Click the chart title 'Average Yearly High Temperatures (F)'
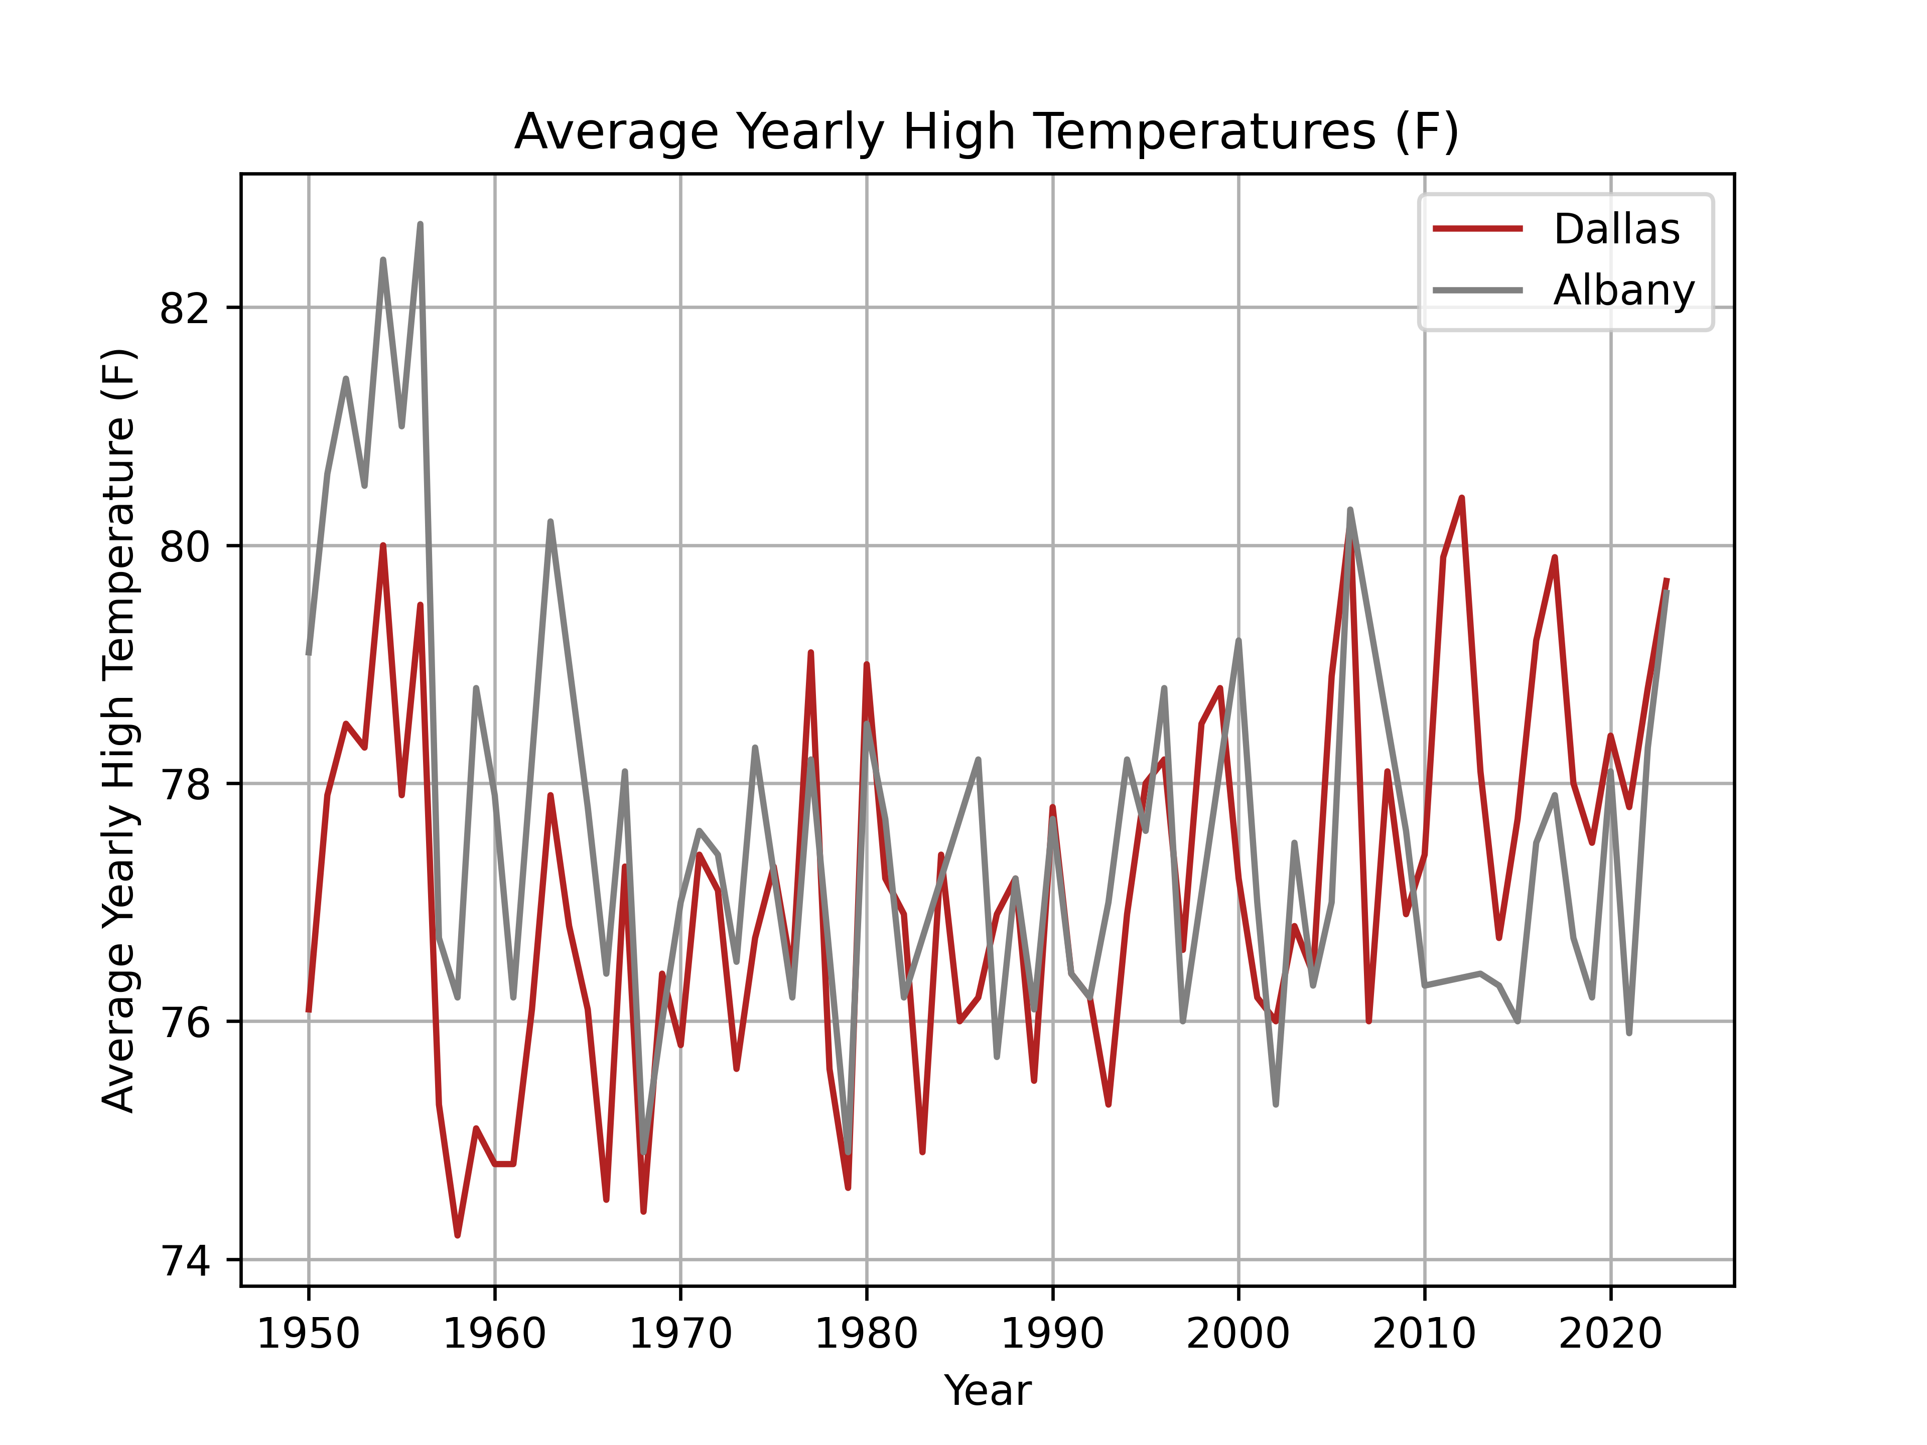point(986,132)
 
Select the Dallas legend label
point(1616,229)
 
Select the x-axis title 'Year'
point(987,1391)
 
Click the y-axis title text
point(119,730)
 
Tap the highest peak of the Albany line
point(420,225)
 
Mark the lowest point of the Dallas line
point(457,1235)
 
